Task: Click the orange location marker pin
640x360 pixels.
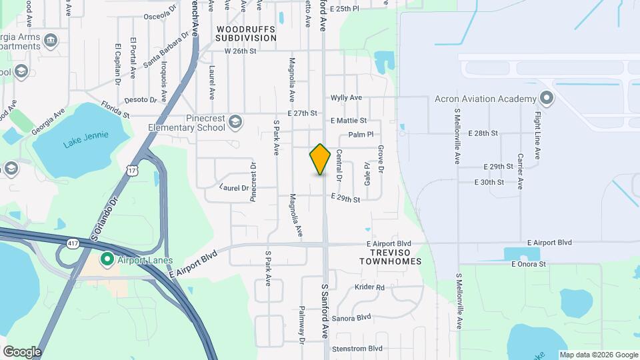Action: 321,159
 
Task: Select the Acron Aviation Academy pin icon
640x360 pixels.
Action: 547,99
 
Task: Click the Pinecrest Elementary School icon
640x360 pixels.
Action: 235,121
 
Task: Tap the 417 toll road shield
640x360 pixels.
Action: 73,245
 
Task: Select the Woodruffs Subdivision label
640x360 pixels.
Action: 246,34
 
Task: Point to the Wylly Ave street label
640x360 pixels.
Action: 346,97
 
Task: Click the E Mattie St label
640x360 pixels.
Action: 349,121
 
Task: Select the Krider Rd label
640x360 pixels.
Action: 369,287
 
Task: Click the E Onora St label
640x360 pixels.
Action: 529,264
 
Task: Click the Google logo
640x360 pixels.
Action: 22,351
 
